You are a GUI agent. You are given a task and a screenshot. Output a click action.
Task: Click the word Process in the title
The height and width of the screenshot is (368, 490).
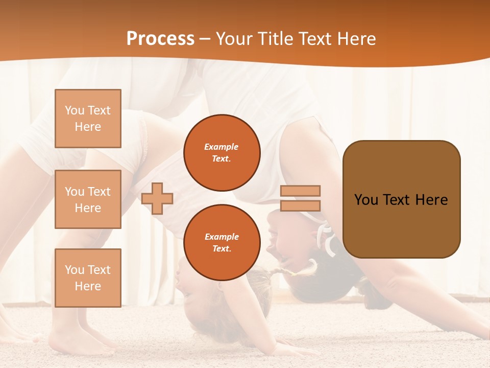click(x=160, y=39)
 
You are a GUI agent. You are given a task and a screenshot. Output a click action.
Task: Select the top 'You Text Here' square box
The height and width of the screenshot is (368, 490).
click(x=88, y=119)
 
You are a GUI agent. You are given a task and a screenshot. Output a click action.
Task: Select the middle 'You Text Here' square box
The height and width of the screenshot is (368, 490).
click(x=88, y=199)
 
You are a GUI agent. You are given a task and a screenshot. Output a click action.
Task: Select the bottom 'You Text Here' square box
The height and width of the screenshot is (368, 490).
click(x=88, y=278)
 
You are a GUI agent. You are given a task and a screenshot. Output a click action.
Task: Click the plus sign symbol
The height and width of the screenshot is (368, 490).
click(x=157, y=198)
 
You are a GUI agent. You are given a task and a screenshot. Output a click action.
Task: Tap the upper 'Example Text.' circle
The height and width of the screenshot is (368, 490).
click(x=222, y=153)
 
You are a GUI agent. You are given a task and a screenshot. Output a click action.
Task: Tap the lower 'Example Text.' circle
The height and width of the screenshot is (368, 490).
click(x=222, y=243)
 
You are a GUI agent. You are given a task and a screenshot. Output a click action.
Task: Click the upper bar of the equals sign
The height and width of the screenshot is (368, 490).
click(x=300, y=191)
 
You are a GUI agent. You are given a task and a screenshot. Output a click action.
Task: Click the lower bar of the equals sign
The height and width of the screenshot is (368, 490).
click(x=300, y=205)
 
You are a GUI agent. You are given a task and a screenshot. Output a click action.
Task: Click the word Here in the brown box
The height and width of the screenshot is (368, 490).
click(x=431, y=200)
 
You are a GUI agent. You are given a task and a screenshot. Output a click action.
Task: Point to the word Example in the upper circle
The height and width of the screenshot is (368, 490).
click(x=222, y=147)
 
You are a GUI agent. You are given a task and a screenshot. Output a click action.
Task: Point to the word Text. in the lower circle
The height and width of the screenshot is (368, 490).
click(x=222, y=249)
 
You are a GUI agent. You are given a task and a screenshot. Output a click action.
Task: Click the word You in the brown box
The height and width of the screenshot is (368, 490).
click(x=366, y=200)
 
